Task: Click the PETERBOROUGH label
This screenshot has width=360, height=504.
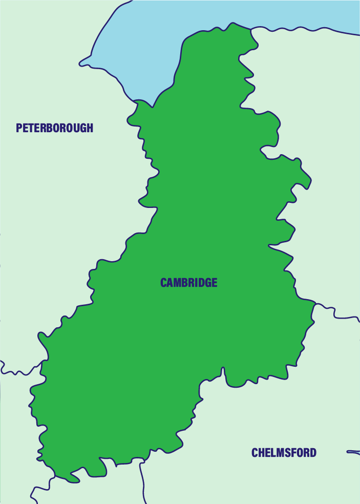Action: pos(55,128)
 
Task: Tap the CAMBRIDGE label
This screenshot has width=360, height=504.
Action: pos(189,283)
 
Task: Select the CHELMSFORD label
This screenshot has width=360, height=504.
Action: pos(284,453)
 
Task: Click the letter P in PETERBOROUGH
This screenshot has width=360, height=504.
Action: pos(19,128)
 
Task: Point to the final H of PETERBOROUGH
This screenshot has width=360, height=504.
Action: pos(90,128)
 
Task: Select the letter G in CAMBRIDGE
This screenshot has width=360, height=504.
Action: pos(206,283)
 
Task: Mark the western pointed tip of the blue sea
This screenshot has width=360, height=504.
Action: pos(80,65)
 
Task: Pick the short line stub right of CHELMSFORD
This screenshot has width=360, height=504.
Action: pos(353,452)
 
